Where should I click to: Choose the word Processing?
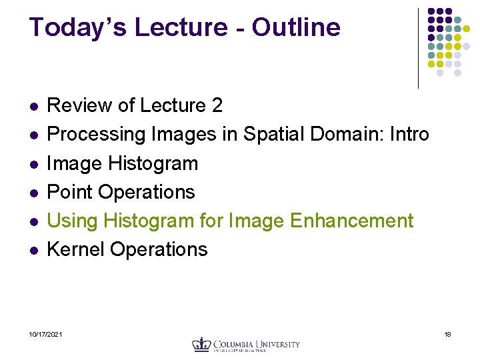pos(97,134)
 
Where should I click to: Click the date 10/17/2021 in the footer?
pos(46,334)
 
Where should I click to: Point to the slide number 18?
pos(448,334)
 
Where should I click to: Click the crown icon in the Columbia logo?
pos(201,344)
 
